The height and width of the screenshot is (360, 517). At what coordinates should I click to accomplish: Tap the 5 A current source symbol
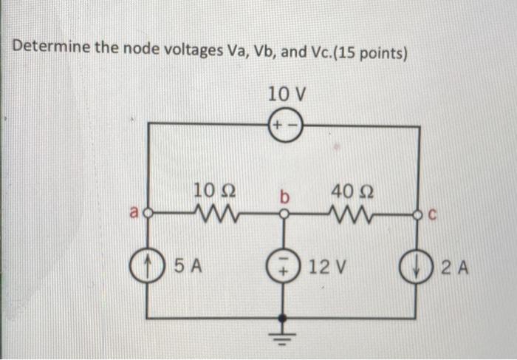tap(149, 264)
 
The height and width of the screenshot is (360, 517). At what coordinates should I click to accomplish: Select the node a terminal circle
tap(149, 216)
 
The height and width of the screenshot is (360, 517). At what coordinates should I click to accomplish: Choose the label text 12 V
tap(327, 264)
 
